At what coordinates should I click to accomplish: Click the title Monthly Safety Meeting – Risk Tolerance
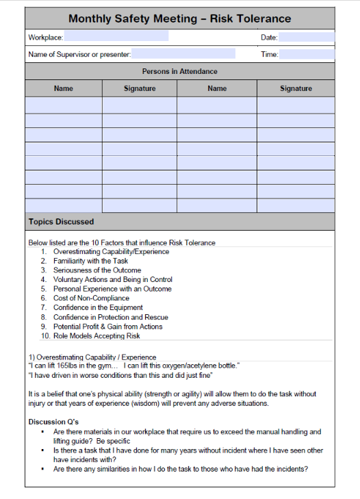click(180, 18)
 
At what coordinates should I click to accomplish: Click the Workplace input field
click(116, 37)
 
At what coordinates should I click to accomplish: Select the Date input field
click(306, 37)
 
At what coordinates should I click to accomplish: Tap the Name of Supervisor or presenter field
click(183, 53)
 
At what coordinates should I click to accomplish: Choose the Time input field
click(307, 53)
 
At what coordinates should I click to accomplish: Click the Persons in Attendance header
click(180, 71)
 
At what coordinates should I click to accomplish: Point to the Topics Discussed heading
click(62, 222)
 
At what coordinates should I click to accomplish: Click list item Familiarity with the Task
click(90, 261)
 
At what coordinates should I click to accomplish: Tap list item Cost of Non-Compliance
click(91, 298)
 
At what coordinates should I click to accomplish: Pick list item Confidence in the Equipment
click(98, 307)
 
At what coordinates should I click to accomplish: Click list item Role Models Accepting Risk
click(96, 336)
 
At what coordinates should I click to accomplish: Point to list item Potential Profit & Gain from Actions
click(107, 327)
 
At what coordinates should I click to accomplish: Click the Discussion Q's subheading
click(53, 422)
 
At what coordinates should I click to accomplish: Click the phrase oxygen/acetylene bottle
click(203, 366)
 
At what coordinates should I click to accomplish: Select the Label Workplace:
click(46, 37)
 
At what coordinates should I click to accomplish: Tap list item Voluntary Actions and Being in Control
click(112, 279)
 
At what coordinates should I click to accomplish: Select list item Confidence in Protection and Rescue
click(110, 317)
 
